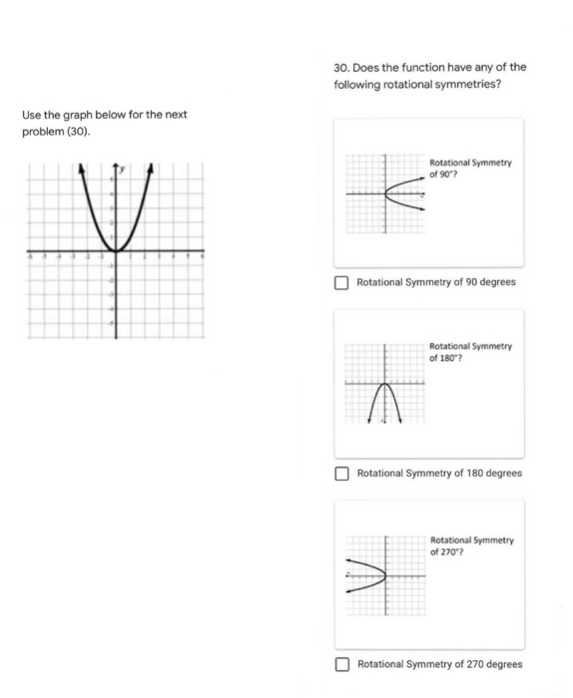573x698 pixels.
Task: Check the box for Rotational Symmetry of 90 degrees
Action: [x=341, y=282]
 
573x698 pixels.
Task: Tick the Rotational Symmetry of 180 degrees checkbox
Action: [x=341, y=473]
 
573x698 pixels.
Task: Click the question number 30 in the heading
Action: [x=341, y=68]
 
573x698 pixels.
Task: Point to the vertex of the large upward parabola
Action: [x=116, y=251]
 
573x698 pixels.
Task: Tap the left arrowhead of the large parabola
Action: [x=81, y=167]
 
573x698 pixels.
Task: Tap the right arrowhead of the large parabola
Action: [x=151, y=167]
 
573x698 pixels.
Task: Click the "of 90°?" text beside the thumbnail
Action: [x=444, y=172]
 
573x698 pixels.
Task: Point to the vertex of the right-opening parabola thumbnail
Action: [x=387, y=193]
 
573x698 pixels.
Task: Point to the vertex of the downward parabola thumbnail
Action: [x=384, y=384]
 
